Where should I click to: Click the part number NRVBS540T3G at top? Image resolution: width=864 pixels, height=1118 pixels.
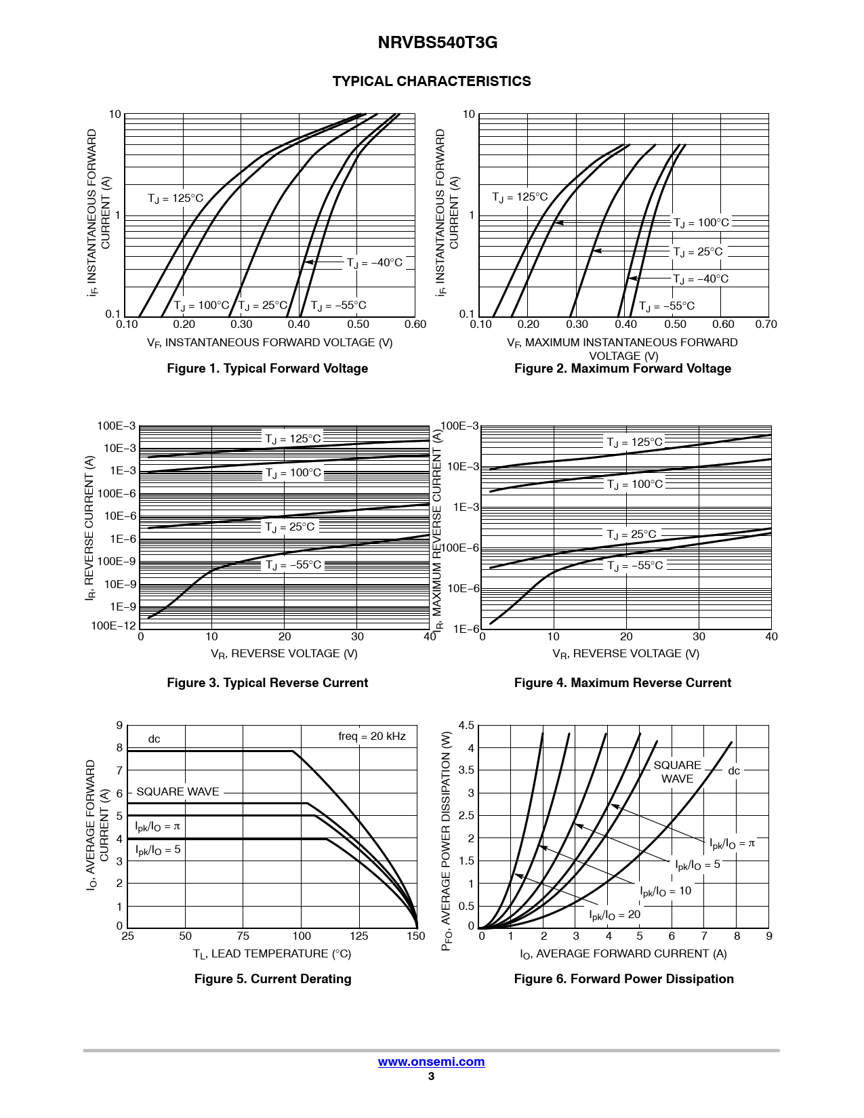(437, 43)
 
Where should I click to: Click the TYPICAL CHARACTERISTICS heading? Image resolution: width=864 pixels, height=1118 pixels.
(432, 81)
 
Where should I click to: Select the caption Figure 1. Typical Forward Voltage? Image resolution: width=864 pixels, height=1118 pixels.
(268, 369)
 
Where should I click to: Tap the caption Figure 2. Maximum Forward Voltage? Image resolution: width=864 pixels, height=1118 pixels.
(623, 369)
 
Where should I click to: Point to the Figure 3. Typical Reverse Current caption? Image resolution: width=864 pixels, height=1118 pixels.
(268, 683)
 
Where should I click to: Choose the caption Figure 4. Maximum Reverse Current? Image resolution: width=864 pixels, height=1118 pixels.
(623, 683)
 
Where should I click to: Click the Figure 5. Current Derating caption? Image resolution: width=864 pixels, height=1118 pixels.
(272, 979)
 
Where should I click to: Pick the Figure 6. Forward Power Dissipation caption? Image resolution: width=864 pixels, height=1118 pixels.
(623, 979)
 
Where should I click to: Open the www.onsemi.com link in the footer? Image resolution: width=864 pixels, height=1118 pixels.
(431, 1062)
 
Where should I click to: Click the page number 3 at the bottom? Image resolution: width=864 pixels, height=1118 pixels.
(431, 1077)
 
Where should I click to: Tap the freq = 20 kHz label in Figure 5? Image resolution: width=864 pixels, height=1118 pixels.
(372, 737)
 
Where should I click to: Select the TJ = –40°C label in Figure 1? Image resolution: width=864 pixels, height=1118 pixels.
(374, 263)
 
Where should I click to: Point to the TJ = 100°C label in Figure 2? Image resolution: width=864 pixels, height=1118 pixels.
(701, 223)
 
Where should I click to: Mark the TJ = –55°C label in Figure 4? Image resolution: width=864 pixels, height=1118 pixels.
(635, 566)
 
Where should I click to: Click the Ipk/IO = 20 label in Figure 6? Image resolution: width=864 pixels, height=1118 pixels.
(615, 915)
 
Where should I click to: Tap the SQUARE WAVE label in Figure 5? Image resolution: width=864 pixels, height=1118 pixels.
(178, 792)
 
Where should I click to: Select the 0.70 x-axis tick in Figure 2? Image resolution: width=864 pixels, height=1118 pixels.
(766, 325)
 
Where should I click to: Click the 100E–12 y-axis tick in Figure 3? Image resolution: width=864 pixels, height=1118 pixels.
(113, 626)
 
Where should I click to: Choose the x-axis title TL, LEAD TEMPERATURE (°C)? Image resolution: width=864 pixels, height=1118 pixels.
(272, 954)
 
